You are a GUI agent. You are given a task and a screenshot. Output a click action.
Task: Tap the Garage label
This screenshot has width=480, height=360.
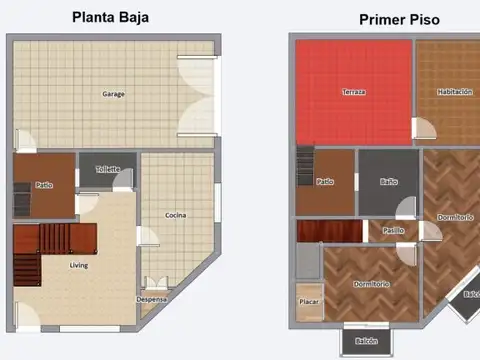point(113,94)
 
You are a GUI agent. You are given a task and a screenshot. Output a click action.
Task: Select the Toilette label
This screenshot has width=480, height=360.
point(108,169)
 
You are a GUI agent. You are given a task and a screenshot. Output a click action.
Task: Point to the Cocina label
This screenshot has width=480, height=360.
point(176,215)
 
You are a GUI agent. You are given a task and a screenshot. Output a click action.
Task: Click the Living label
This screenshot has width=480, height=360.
point(78,265)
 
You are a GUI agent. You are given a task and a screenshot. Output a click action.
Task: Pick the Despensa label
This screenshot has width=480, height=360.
point(151,299)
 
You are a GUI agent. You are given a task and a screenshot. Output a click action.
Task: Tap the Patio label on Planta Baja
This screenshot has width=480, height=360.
point(44,185)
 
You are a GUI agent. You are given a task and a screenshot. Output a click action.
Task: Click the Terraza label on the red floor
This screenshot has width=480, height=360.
point(353,92)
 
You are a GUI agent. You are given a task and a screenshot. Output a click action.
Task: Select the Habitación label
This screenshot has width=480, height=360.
point(455,92)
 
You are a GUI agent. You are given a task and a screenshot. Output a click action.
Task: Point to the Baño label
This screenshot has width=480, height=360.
point(389,182)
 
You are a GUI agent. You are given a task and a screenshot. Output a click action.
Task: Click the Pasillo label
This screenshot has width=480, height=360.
point(393,231)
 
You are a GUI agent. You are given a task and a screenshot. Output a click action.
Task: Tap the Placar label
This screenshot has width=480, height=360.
point(309,301)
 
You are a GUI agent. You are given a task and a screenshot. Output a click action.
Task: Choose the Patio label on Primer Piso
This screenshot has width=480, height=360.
point(325,182)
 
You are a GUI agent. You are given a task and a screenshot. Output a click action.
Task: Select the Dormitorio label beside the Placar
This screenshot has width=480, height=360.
point(370,284)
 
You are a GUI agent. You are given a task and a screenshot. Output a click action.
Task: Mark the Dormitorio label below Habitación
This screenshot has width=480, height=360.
point(455,217)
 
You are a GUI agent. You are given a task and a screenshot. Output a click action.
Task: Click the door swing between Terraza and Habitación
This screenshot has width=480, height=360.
point(424,130)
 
